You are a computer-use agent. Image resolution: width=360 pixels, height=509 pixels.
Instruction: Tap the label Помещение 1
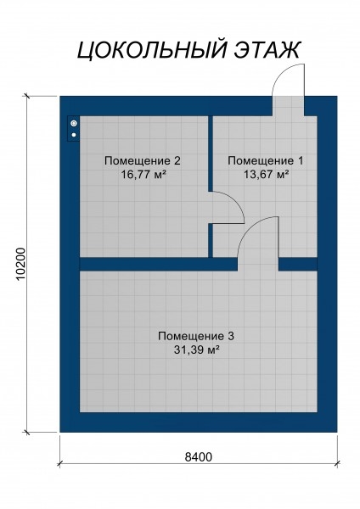[x=266, y=160]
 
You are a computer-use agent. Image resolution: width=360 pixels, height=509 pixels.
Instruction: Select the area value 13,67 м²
[x=267, y=175]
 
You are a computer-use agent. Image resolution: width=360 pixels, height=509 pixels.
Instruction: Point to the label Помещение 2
[x=143, y=160]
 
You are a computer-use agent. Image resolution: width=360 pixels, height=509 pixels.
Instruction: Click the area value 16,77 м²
[x=143, y=175]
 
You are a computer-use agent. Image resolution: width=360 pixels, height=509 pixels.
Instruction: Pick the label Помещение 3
[x=196, y=336]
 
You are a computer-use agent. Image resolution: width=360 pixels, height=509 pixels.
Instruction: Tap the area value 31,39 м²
[x=196, y=350]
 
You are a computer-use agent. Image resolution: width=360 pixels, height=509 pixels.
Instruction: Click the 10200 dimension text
[x=20, y=264]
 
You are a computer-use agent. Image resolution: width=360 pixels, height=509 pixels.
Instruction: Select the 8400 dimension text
[x=198, y=457]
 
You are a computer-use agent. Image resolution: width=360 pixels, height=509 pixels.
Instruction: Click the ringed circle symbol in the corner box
[x=74, y=123]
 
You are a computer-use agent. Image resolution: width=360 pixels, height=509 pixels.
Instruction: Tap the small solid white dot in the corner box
[x=74, y=135]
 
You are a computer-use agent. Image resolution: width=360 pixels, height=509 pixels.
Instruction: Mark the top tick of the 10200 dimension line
[x=26, y=96]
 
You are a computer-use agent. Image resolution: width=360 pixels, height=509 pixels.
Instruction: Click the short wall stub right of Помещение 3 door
[x=298, y=264]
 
